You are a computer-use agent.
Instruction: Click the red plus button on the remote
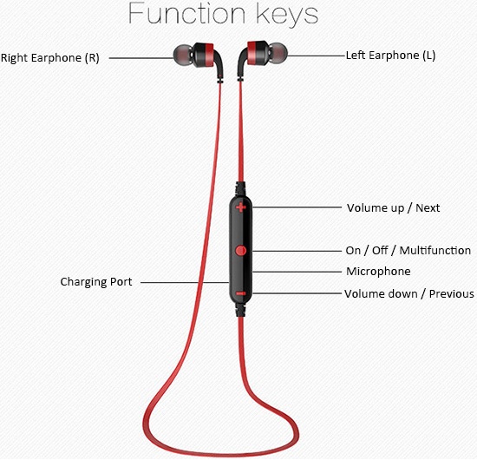pos(240,207)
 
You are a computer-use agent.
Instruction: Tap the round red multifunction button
pos(240,251)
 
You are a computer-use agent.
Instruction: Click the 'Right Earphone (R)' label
pos(50,58)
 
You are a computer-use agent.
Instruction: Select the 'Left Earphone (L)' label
pos(390,56)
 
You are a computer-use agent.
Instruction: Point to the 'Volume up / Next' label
pos(394,208)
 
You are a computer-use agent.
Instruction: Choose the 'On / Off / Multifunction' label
pos(408,251)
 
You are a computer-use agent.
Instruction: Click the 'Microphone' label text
pos(378,272)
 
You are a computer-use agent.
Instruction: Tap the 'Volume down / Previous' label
pos(409,293)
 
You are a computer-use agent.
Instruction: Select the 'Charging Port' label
pos(96,282)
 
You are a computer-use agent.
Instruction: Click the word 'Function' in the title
pos(186,14)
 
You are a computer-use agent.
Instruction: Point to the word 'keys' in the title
pos(287,16)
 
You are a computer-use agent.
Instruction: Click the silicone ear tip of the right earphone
pos(183,55)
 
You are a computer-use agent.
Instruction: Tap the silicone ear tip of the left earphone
pos(278,53)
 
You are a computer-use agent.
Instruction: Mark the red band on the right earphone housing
pos(209,55)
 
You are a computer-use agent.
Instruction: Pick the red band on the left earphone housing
pos(252,53)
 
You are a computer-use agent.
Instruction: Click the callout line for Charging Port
pos(185,283)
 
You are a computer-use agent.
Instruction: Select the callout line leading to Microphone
pos(297,272)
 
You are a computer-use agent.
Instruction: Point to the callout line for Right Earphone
pos(141,58)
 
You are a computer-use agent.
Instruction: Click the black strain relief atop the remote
pos(240,188)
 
